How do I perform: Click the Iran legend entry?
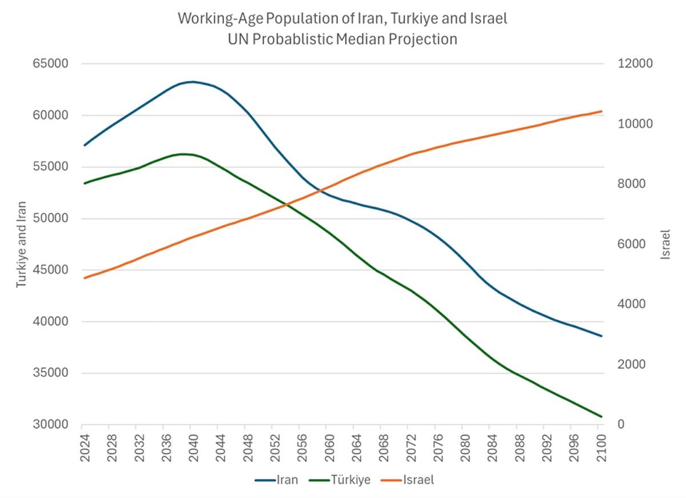pyautogui.click(x=278, y=480)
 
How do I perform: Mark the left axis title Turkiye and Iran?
pyautogui.click(x=21, y=244)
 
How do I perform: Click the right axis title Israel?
pyautogui.click(x=665, y=244)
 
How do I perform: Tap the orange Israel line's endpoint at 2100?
pyautogui.click(x=601, y=111)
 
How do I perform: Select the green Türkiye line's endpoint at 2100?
pyautogui.click(x=601, y=416)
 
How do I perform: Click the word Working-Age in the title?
pyautogui.click(x=217, y=18)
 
